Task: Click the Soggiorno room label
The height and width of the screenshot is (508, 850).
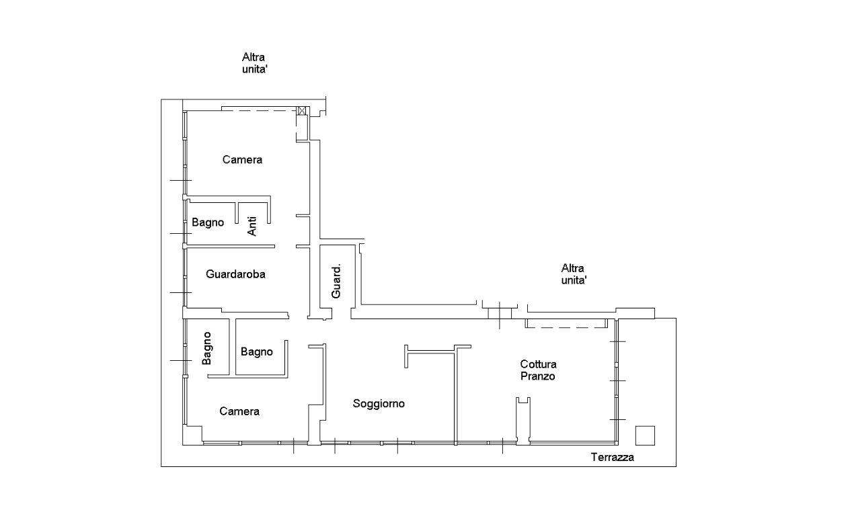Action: (379, 404)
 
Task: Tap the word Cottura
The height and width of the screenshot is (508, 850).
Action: (538, 364)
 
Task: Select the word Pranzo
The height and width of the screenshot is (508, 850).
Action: (538, 376)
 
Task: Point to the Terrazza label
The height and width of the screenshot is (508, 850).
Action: (612, 457)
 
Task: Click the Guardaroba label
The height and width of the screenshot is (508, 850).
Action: (235, 274)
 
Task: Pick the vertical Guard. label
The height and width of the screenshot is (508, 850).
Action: (336, 281)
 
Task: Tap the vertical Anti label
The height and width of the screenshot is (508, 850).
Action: (252, 226)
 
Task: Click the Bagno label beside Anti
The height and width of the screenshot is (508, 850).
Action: (208, 222)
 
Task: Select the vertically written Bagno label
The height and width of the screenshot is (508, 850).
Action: (207, 348)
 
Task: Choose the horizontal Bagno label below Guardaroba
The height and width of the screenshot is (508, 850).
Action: (256, 352)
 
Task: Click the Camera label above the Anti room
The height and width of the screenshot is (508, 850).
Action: (242, 160)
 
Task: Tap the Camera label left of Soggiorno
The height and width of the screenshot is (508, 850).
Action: (239, 411)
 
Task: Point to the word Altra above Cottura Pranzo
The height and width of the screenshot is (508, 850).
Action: (572, 268)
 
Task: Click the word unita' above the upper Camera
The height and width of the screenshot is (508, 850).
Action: (255, 69)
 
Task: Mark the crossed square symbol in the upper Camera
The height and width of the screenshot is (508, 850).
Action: (302, 111)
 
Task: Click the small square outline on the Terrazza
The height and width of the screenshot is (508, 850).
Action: (645, 435)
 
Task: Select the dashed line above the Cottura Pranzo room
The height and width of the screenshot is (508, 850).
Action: (566, 327)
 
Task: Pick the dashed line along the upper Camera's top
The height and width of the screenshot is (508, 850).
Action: (260, 111)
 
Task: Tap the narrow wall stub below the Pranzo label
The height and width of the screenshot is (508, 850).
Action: (523, 421)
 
